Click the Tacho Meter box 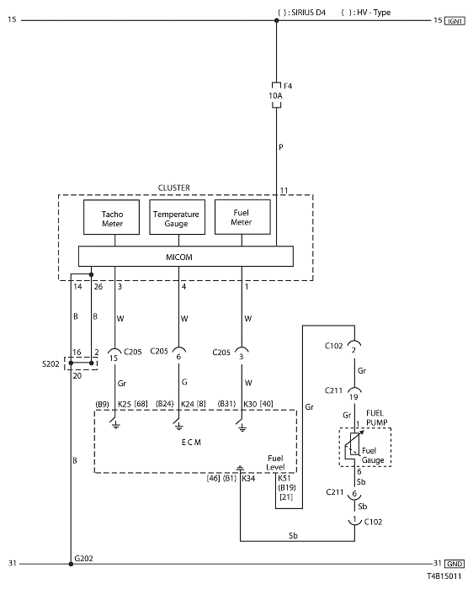[111, 217]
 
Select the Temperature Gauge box [178, 217]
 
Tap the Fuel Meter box [242, 217]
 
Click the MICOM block [186, 257]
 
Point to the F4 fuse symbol [277, 95]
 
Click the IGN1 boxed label [454, 21]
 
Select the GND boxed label [454, 564]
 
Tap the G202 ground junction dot [71, 564]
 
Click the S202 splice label [50, 364]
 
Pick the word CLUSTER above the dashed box [174, 188]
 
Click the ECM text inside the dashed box [191, 443]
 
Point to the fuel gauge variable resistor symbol [354, 443]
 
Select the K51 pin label [284, 478]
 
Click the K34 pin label [248, 478]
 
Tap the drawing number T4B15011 [444, 576]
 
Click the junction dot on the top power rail [277, 20]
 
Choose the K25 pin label [125, 404]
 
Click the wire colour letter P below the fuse [280, 147]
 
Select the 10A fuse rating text [275, 96]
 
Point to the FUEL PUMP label [376, 417]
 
